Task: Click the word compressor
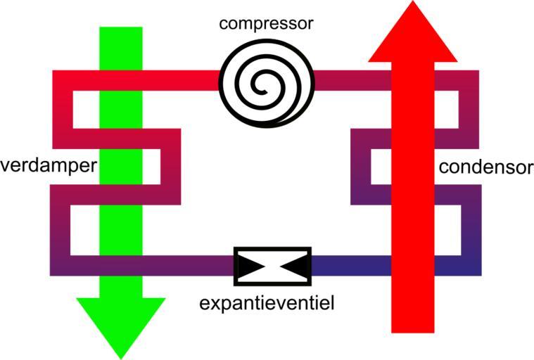[x=266, y=23]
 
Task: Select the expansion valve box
[x=272, y=266]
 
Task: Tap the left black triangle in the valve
[x=250, y=266]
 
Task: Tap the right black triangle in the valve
[x=294, y=266]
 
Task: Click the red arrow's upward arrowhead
[x=413, y=32]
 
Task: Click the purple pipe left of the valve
[x=190, y=266]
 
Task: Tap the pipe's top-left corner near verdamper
[x=62, y=80]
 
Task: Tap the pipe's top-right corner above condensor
[x=469, y=80]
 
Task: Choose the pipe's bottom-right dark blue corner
[x=471, y=266]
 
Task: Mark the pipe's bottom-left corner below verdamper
[x=61, y=264]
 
